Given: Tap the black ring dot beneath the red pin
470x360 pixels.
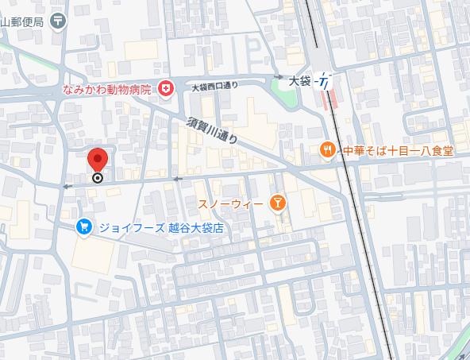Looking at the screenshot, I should (x=97, y=178).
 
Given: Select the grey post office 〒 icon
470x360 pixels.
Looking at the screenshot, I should (x=59, y=21).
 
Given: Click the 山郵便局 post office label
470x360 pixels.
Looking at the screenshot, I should (x=22, y=21).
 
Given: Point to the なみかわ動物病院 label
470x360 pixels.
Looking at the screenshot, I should (x=107, y=88).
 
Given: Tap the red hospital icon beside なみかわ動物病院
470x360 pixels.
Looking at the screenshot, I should (x=165, y=88).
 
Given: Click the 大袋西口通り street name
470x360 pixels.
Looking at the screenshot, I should (x=214, y=87).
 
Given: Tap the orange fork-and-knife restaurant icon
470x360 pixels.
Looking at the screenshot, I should (x=326, y=149).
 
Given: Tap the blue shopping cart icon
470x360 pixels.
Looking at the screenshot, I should (x=84, y=227).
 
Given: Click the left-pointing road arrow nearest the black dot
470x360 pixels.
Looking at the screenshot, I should (x=67, y=186).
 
